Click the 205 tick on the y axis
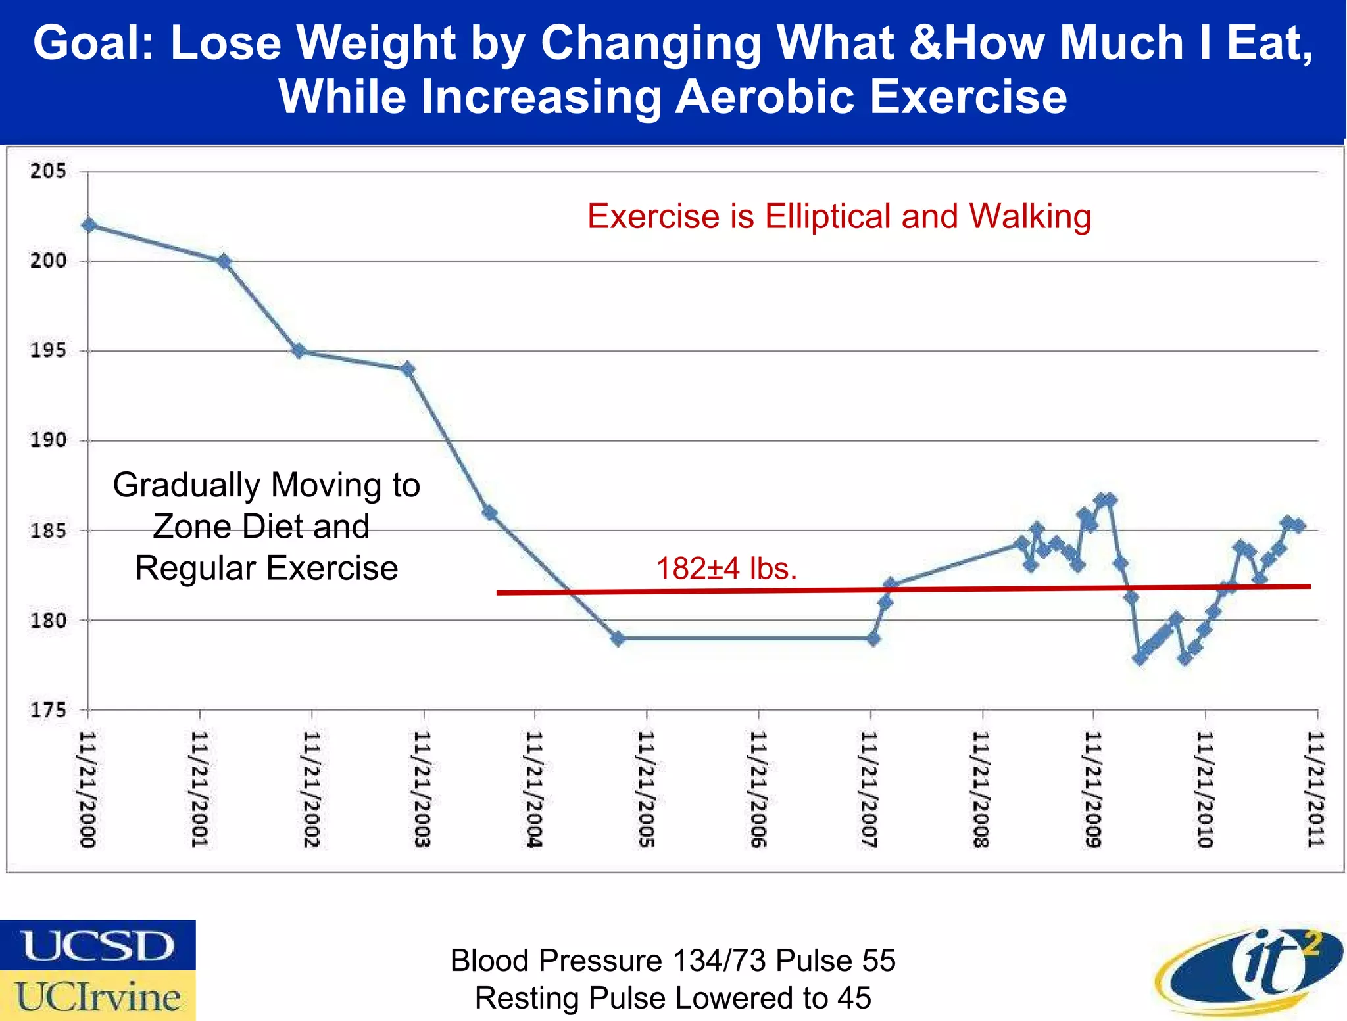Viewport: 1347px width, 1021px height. click(48, 172)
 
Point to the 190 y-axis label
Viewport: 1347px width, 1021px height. click(48, 440)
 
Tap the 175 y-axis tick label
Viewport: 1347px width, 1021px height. click(48, 710)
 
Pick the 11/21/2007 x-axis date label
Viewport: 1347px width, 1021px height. click(869, 789)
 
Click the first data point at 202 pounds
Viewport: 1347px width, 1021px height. click(89, 226)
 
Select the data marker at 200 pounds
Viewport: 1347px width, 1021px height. click(224, 262)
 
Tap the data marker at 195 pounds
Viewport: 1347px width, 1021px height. click(299, 351)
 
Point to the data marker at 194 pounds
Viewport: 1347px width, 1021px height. click(408, 369)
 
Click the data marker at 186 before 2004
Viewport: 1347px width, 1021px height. click(489, 513)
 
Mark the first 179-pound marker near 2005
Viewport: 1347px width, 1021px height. click(617, 638)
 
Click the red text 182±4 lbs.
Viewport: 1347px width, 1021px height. click(726, 569)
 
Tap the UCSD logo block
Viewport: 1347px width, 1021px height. click(97, 945)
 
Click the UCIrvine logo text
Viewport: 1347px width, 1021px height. click(97, 996)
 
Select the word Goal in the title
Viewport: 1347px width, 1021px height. click(92, 43)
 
